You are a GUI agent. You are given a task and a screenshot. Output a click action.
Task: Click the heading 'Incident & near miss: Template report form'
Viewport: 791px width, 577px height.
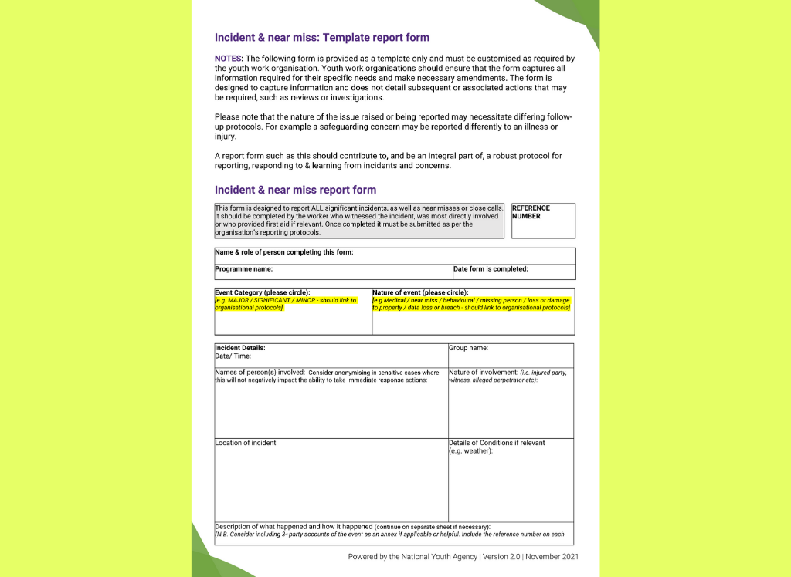(321, 37)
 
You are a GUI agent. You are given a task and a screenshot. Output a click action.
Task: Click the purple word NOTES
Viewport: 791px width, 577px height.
(229, 59)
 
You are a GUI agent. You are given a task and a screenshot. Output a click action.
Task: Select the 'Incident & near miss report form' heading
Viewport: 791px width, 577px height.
(295, 190)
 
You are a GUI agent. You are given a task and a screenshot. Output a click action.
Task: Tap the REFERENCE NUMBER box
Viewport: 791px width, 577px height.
(543, 221)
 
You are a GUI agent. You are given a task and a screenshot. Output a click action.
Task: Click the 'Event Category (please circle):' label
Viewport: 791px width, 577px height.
(262, 293)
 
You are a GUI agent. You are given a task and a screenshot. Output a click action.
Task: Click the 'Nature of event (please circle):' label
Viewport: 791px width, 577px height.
(420, 293)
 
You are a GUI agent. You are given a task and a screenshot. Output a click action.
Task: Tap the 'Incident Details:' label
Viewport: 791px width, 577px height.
(239, 348)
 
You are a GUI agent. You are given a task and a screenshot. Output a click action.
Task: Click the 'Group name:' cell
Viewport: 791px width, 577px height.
(511, 355)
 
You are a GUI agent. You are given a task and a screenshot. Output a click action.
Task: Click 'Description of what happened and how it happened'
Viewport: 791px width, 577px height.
(294, 527)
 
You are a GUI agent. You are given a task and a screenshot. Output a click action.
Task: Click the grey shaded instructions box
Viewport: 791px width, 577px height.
(359, 221)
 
